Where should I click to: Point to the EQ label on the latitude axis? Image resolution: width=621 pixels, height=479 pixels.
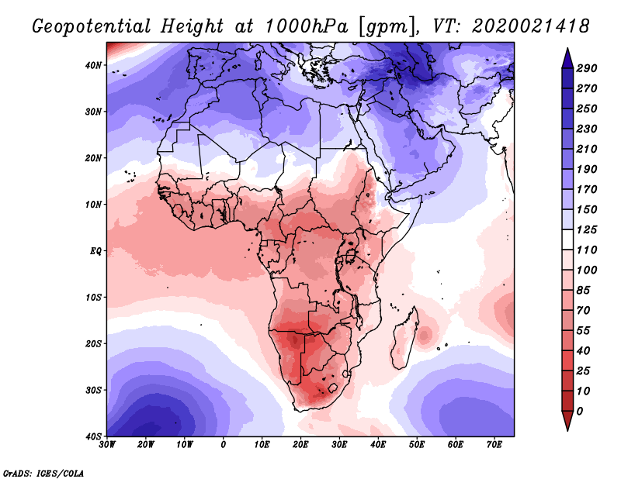(x=95, y=251)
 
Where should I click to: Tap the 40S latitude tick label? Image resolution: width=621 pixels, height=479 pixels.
(x=93, y=436)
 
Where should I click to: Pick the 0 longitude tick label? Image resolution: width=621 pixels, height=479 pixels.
(x=224, y=446)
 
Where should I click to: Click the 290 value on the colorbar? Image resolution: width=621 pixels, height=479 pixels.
(x=586, y=69)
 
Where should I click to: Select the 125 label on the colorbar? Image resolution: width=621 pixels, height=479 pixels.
(x=586, y=230)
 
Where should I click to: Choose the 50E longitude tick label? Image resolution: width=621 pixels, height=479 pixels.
(x=417, y=446)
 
